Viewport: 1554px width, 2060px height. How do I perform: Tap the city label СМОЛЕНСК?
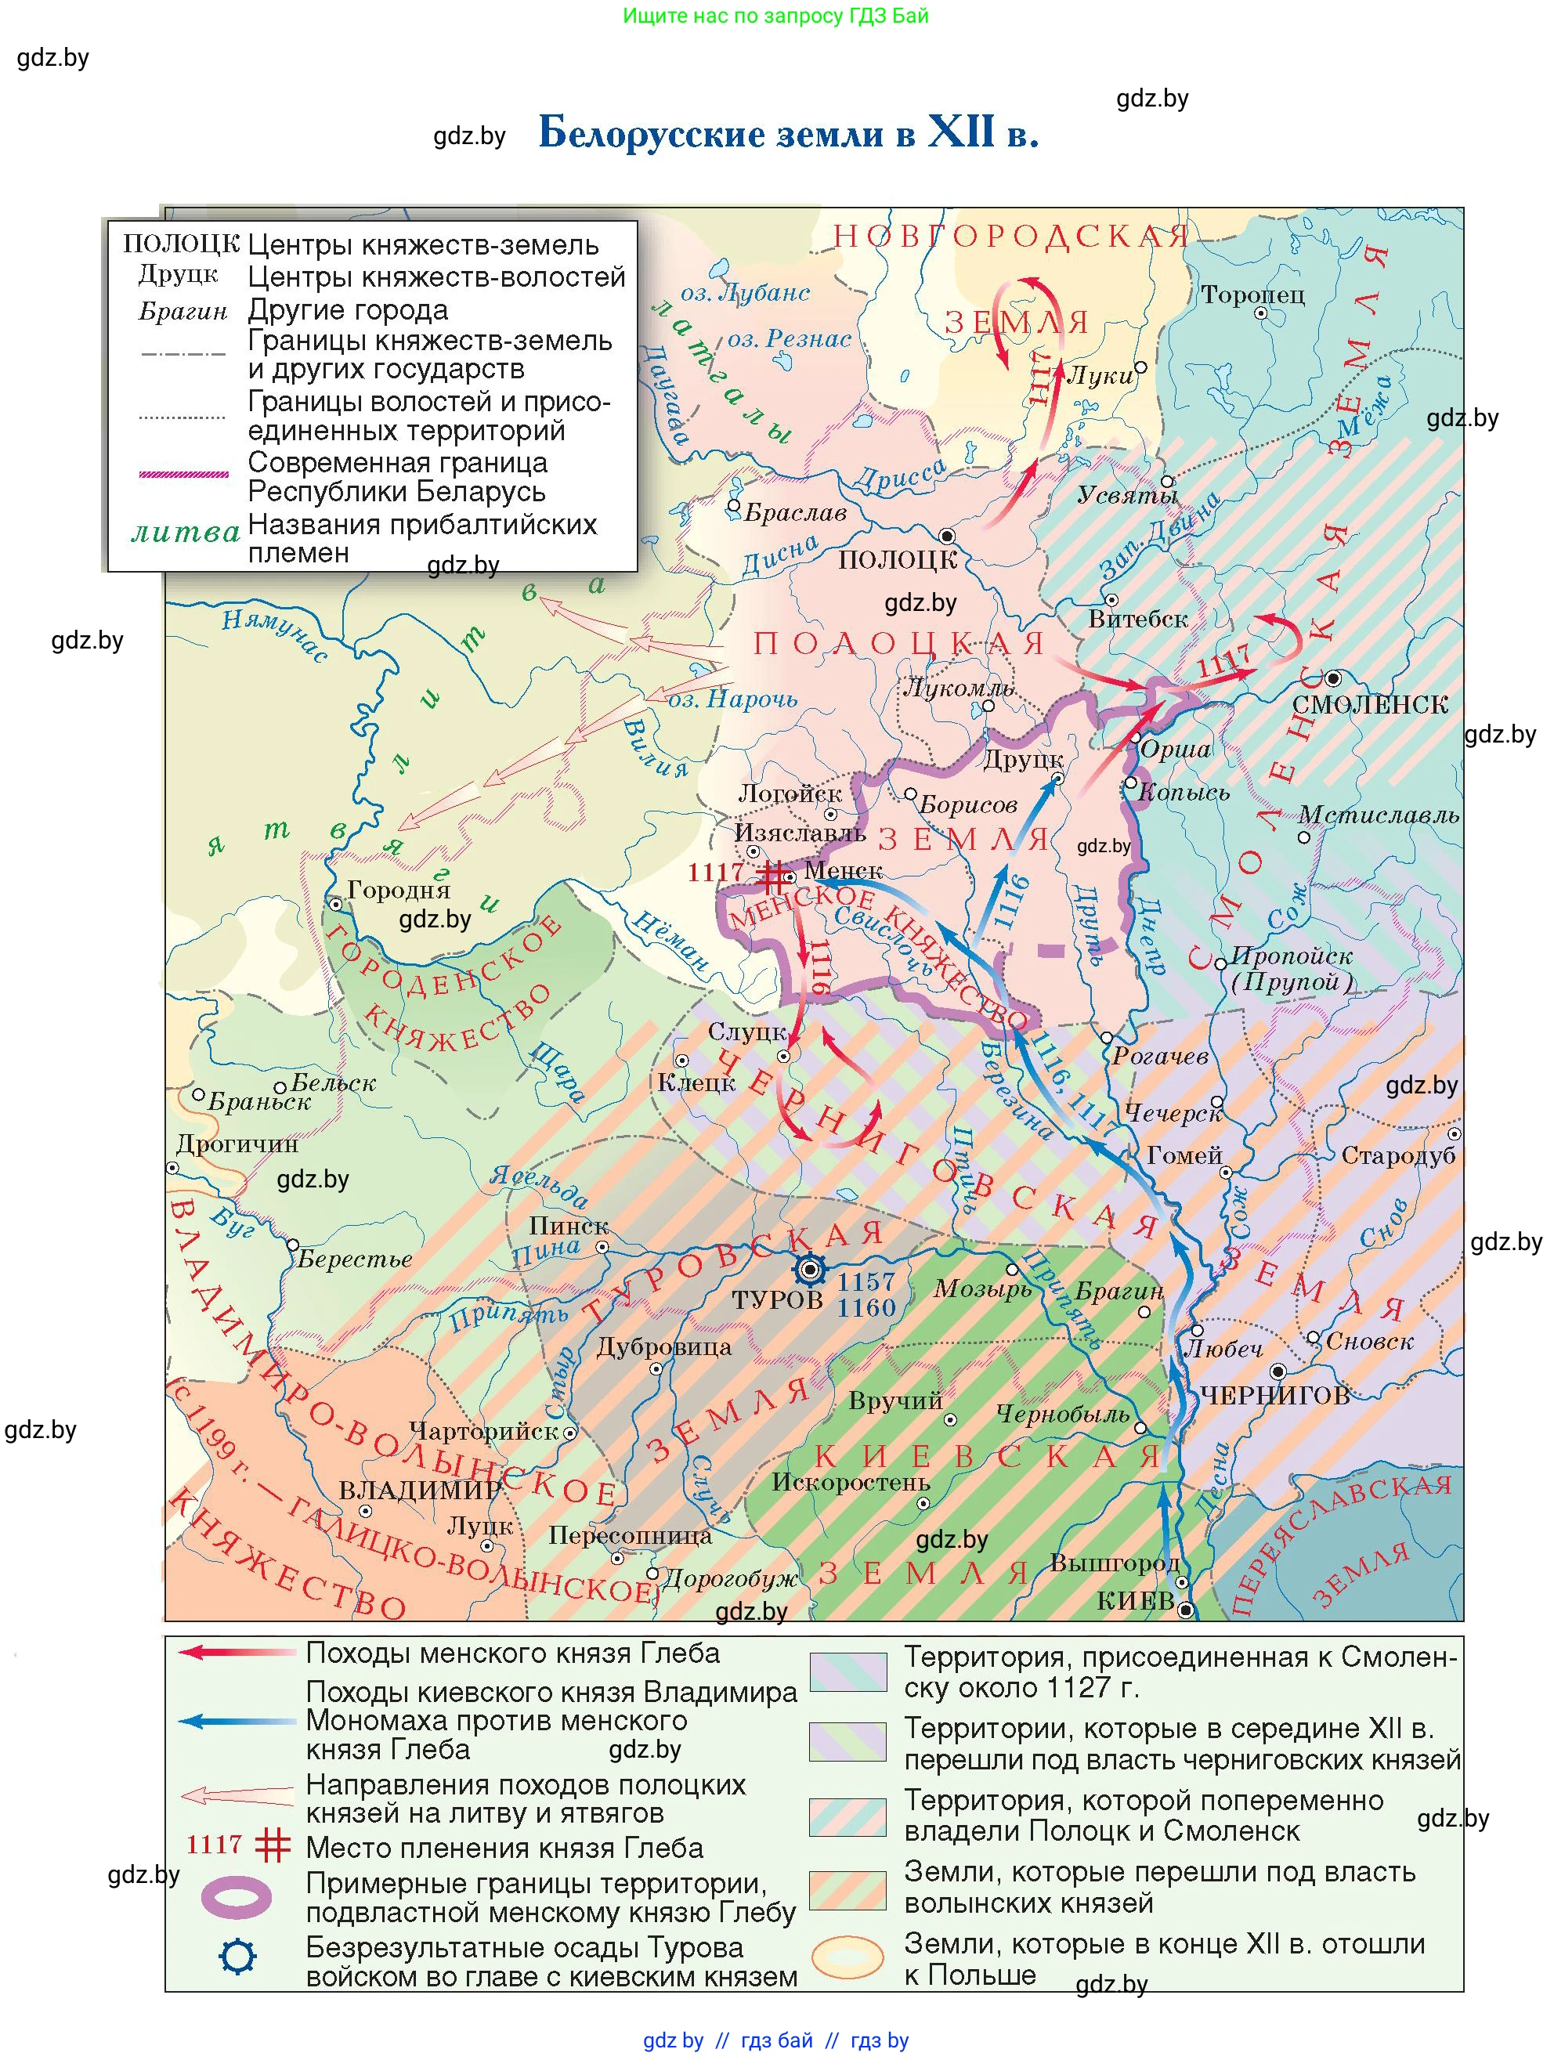pos(1370,704)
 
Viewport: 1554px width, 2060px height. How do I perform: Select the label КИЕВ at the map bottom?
pos(1135,1601)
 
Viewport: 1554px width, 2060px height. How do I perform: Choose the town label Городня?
pos(399,891)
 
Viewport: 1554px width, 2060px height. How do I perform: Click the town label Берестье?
pos(355,1259)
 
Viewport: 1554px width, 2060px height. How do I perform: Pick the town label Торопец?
pos(1252,295)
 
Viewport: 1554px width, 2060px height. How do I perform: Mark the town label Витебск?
pos(1138,620)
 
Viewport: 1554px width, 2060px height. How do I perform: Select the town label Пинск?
pos(568,1226)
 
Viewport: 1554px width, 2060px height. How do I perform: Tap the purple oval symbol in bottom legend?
pos(237,1897)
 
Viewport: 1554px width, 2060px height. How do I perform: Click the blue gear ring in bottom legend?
pos(237,1957)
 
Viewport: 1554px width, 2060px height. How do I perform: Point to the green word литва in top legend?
pos(186,533)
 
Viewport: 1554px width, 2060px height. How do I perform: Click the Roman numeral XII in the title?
pos(960,132)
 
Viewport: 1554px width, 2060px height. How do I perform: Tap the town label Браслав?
pos(795,513)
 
